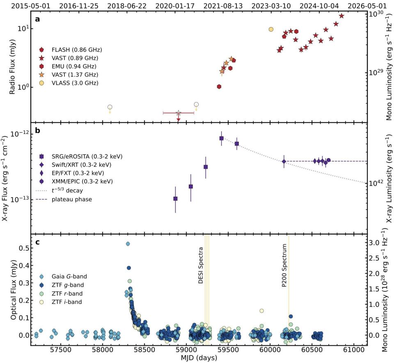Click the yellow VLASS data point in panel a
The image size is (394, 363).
pyautogui.click(x=271, y=29)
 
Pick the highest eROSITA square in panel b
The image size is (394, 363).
pyautogui.click(x=221, y=138)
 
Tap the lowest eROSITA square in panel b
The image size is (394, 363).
pyautogui.click(x=175, y=199)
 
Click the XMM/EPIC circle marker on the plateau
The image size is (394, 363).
pyautogui.click(x=328, y=160)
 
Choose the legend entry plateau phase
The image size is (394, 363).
pyautogui.click(x=72, y=200)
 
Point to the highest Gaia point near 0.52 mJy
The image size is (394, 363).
pyautogui.click(x=128, y=244)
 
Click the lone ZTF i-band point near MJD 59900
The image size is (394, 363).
pyautogui.click(x=261, y=310)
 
